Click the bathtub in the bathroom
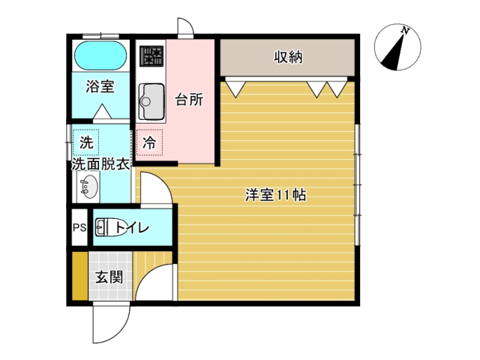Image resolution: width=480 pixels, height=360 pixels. click(100, 56)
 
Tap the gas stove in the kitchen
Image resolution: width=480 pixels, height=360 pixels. click(151, 56)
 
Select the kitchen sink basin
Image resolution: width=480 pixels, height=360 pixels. click(151, 101)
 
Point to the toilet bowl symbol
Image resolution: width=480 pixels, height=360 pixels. click(110, 227)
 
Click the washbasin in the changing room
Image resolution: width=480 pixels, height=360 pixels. click(88, 187)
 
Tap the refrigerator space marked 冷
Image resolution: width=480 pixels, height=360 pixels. click(150, 142)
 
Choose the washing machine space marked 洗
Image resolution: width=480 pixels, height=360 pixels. click(86, 142)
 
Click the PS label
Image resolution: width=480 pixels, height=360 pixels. click(79, 228)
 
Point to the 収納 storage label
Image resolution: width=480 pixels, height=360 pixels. click(288, 57)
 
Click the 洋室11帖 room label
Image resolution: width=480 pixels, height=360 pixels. click(275, 195)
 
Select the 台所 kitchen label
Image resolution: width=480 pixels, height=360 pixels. click(189, 100)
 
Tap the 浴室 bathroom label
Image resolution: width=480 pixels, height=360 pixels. click(100, 86)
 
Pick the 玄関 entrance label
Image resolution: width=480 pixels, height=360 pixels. click(109, 277)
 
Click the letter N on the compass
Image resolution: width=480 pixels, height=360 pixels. click(405, 31)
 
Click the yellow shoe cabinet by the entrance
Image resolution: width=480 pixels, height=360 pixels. click(80, 276)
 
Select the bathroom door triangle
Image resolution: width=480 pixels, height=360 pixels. click(102, 112)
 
